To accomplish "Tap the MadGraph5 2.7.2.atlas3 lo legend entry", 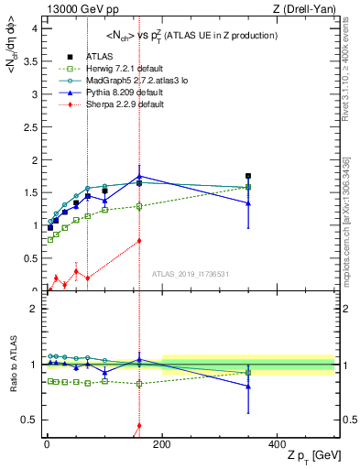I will (126, 80).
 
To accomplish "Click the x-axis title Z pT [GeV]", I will (292, 455).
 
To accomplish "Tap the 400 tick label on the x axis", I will (277, 443).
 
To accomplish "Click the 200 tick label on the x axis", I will (162, 443).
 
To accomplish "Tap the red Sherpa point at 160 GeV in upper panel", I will (139, 241).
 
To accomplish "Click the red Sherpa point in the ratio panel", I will (139, 425).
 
